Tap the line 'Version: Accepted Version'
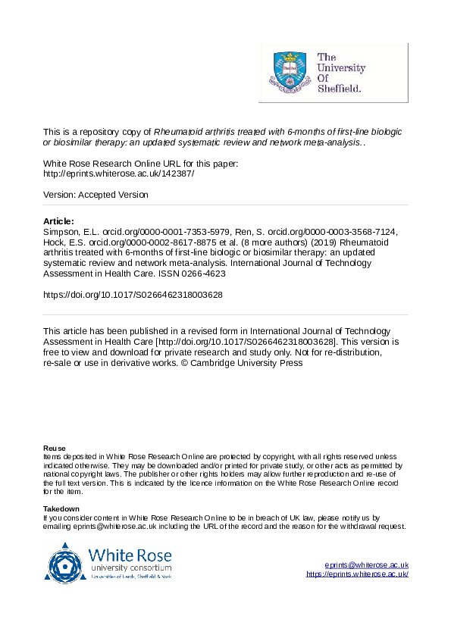pos(96,195)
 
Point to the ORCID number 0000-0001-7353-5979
pos(174,231)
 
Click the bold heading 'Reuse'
pos(55,449)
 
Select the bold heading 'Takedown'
pos(61,509)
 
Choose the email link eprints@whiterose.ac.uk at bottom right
pos(366,565)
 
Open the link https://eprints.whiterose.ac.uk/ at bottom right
pos(357,574)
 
